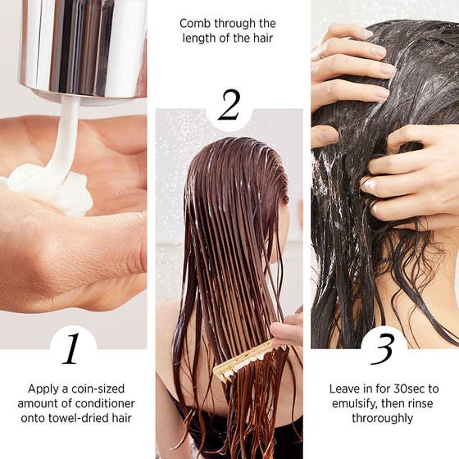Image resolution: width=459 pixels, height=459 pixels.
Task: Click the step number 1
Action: (x=71, y=348)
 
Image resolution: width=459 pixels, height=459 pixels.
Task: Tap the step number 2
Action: (x=229, y=105)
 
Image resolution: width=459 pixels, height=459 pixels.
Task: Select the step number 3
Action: (x=384, y=348)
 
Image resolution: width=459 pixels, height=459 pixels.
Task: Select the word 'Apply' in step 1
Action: (x=43, y=389)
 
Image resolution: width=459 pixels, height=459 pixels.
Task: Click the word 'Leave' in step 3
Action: (x=345, y=389)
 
